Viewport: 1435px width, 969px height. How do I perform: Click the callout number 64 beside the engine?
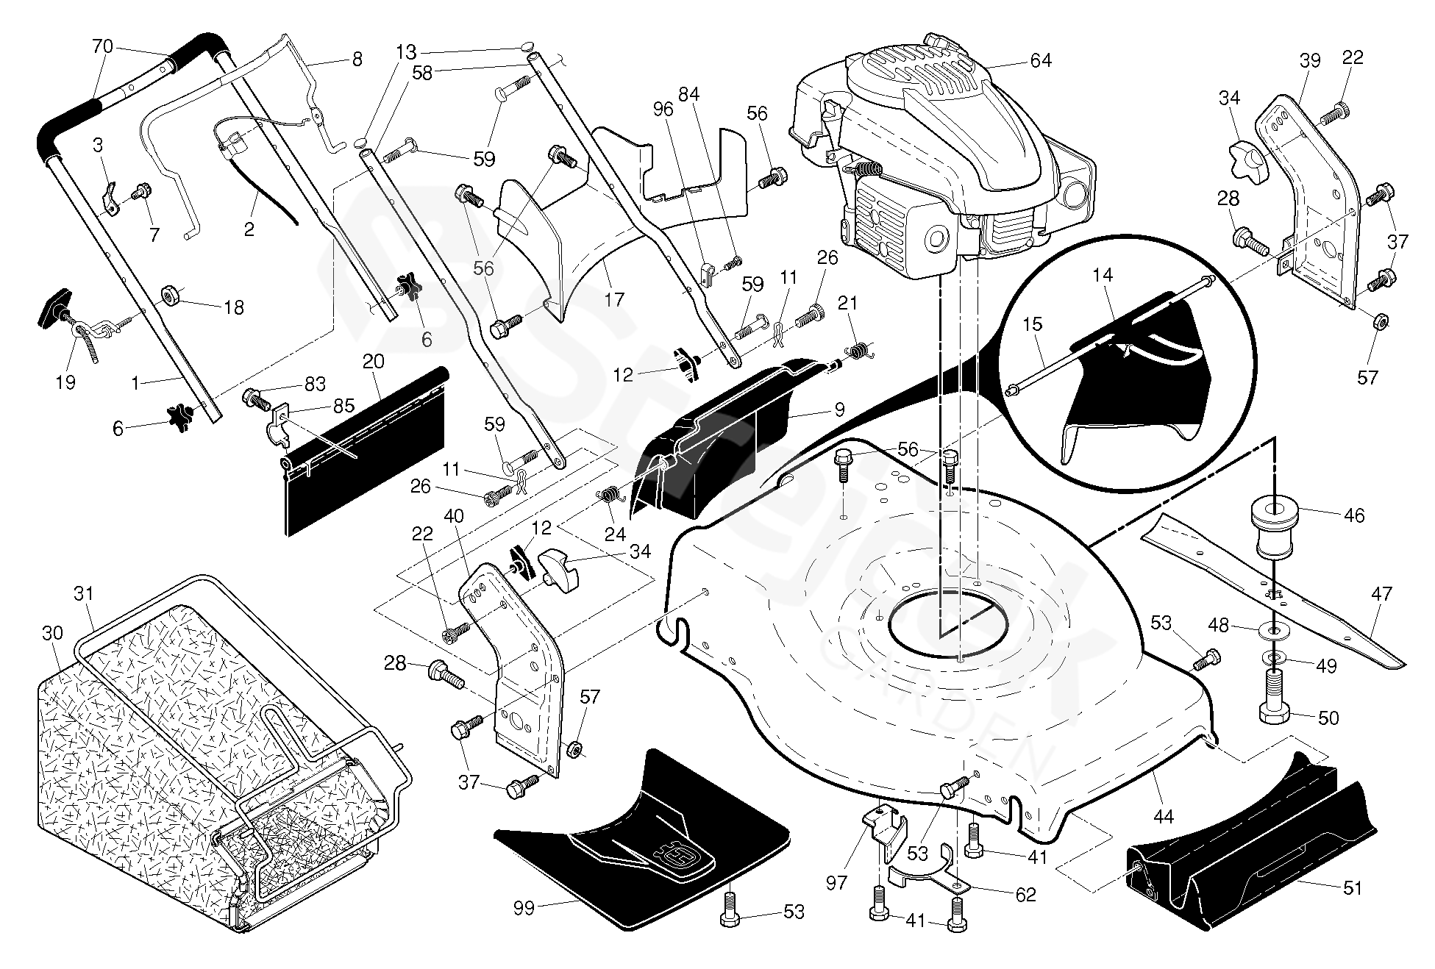point(1040,60)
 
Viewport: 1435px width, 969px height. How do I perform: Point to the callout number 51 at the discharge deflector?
point(1352,888)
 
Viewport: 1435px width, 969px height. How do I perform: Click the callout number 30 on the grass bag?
point(52,633)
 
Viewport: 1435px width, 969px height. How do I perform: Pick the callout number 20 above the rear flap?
point(374,361)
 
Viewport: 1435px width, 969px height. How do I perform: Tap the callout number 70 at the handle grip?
point(102,46)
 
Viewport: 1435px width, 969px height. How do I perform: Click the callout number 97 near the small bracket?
point(837,882)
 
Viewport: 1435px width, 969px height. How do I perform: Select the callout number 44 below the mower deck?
point(1164,816)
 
